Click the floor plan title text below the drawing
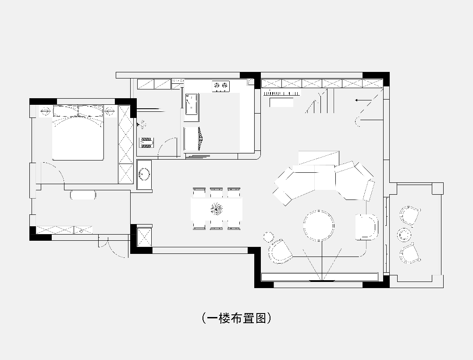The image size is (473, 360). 237,318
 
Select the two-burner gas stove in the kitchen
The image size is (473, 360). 221,86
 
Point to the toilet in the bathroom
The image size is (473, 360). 147,142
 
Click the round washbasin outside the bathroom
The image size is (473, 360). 144,175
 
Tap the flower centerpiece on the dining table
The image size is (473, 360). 217,209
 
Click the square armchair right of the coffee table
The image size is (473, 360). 366,227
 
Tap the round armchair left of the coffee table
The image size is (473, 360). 280,252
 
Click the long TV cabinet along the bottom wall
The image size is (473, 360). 320,277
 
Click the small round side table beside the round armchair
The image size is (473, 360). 266,237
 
